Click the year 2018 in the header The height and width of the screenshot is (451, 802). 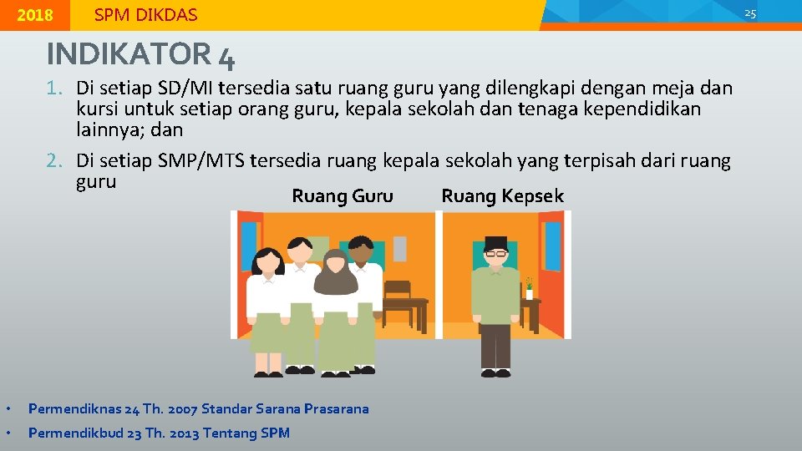(x=34, y=15)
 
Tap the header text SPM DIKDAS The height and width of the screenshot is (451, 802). (x=145, y=15)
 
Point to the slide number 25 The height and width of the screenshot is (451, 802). (x=749, y=13)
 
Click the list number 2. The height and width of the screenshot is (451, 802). (x=56, y=160)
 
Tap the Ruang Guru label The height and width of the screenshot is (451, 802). (x=342, y=196)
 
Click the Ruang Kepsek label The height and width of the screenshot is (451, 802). (x=502, y=196)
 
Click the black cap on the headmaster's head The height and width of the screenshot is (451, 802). (x=496, y=243)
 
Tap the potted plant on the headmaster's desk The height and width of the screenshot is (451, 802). (x=529, y=288)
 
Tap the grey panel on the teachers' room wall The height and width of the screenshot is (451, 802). (x=400, y=248)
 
